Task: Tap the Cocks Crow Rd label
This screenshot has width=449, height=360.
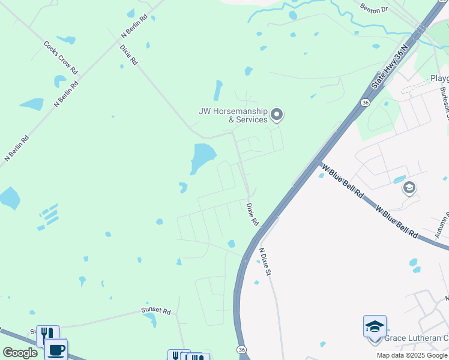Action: coord(61,58)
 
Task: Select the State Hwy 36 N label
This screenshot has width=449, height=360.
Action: coord(394,67)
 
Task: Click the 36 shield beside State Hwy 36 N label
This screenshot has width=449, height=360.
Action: coord(365,103)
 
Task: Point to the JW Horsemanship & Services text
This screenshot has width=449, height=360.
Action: coord(233,115)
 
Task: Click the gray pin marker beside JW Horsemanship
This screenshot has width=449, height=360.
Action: coord(277,113)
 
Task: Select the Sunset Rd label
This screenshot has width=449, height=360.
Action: coord(156,311)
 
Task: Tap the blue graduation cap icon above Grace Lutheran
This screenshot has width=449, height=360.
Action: coord(375,326)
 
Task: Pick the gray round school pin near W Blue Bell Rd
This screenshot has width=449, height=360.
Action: coord(409,188)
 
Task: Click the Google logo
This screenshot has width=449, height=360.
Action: coord(20,353)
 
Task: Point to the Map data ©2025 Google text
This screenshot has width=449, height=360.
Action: coord(412,355)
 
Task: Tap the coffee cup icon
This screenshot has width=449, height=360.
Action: coord(56,349)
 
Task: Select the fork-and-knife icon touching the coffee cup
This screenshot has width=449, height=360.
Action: coord(47,335)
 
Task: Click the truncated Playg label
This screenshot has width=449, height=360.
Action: coord(439,79)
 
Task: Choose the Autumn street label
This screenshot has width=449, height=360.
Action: coord(442,226)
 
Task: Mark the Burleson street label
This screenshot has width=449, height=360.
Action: coord(444,103)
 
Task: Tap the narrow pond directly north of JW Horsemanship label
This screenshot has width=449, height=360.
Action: coord(217,91)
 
